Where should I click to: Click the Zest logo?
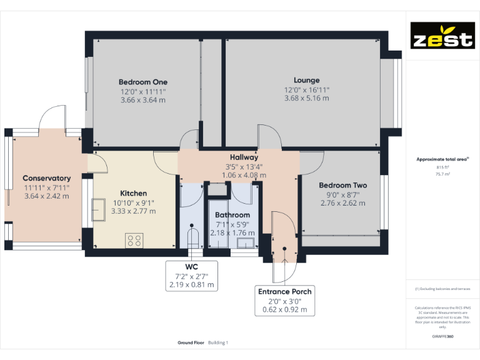441,36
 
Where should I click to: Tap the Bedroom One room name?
143,82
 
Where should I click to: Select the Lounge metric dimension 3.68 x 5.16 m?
306,98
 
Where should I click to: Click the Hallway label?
244,157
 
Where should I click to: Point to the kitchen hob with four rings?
134,240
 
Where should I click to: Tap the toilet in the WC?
192,238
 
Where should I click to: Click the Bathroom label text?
232,215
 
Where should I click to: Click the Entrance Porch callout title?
285,291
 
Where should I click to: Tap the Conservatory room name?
47,178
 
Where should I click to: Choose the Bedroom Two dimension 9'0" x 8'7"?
342,194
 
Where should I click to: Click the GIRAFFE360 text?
442,337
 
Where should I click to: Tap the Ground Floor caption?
191,342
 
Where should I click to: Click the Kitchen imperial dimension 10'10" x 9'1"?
134,202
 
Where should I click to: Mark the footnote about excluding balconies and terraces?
442,289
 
